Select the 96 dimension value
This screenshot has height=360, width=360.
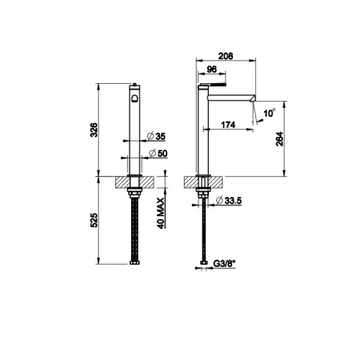[x=213, y=70]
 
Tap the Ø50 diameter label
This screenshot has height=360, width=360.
[x=157, y=153]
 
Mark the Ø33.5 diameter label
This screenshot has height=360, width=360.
[x=233, y=200]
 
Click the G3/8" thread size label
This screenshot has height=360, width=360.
[x=231, y=261]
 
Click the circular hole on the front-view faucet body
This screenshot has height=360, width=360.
[x=134, y=100]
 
